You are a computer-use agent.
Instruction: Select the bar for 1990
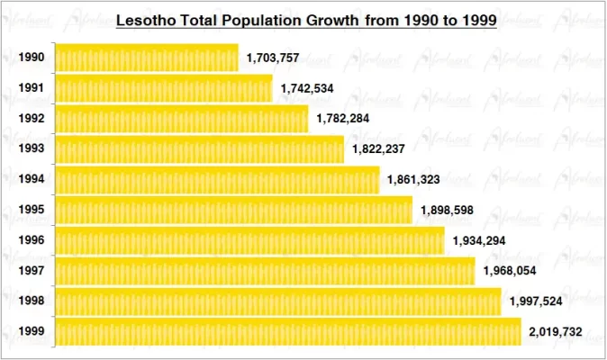[146, 58]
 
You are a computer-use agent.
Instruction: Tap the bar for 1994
[217, 180]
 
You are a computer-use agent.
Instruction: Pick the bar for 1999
[288, 332]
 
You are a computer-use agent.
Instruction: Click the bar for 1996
[249, 240]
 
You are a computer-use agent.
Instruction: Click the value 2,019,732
[556, 332]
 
